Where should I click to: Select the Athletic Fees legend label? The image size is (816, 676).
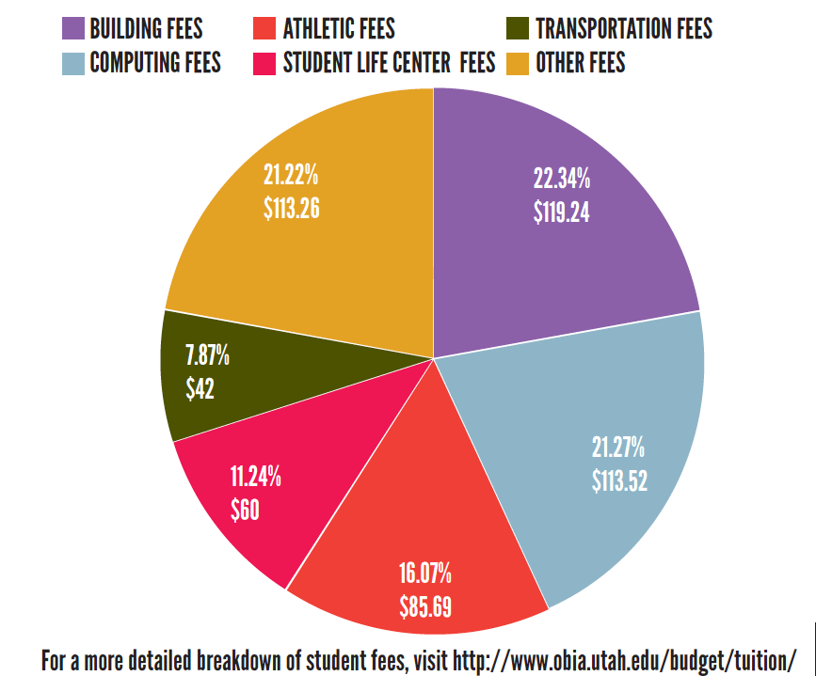339,29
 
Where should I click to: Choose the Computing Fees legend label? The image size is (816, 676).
155,63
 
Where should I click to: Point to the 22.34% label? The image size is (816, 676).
562,178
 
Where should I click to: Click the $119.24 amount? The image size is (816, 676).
562,212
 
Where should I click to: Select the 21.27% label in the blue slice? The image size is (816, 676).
619,446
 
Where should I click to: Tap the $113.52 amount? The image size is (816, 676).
620,480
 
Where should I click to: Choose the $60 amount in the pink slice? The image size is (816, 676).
245,510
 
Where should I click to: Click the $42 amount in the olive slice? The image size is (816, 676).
200,389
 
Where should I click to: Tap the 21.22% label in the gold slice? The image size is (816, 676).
291,174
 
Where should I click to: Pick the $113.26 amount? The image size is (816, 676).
292,208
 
